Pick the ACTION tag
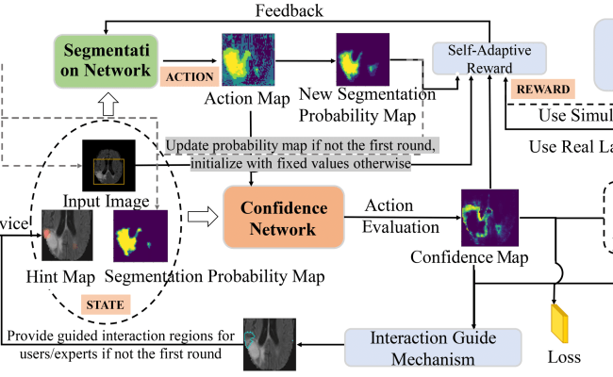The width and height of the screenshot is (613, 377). point(189,76)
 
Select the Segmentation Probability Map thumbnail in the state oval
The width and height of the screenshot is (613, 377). point(140,236)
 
